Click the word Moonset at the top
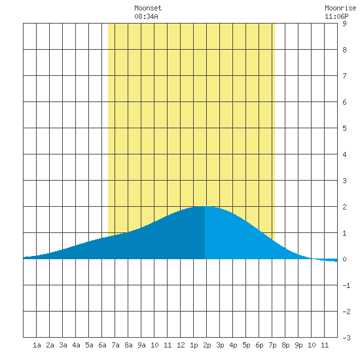click(x=148, y=8)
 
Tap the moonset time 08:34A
click(x=146, y=16)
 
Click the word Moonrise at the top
click(x=340, y=8)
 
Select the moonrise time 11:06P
click(x=336, y=16)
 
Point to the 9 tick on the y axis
click(x=344, y=24)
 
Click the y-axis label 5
click(x=344, y=128)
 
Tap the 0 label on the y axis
click(x=344, y=259)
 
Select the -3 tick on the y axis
click(x=346, y=338)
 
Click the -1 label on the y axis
click(x=346, y=285)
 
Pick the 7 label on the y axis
click(x=344, y=76)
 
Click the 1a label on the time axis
click(x=37, y=345)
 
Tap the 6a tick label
click(x=102, y=345)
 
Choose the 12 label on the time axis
click(x=181, y=345)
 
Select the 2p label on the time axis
click(x=207, y=345)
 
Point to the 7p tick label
click(x=272, y=345)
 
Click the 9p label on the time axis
click(x=298, y=345)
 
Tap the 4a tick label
click(x=76, y=345)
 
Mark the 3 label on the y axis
click(x=344, y=181)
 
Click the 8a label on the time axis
click(x=128, y=345)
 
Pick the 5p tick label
click(x=246, y=345)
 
